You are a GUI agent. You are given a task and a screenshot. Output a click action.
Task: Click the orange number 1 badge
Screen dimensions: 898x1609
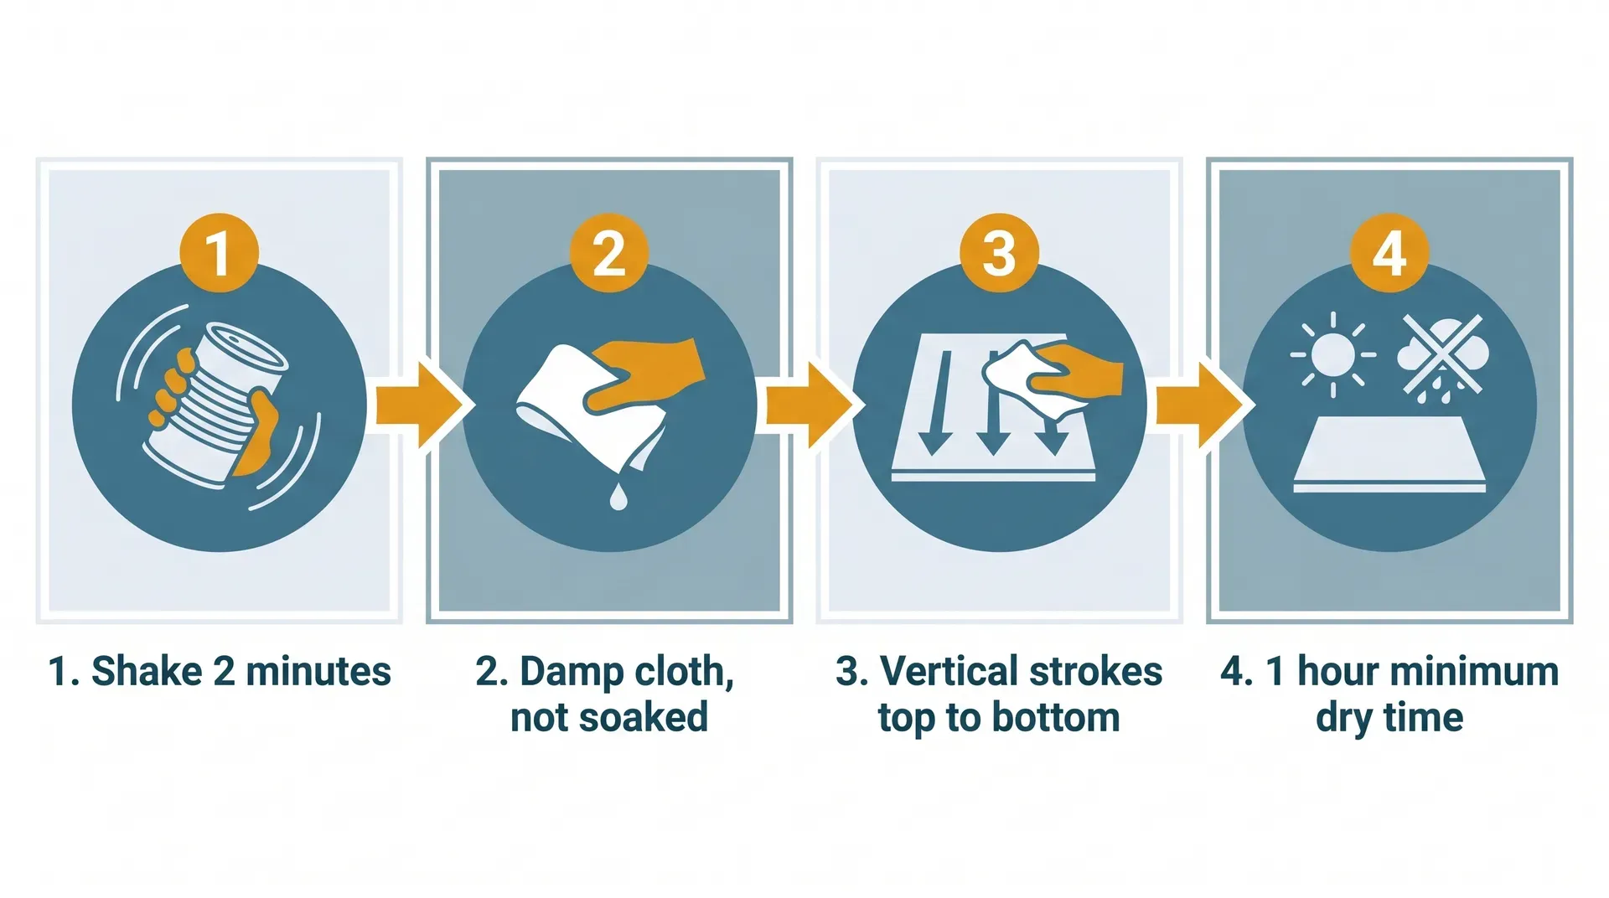[219, 253]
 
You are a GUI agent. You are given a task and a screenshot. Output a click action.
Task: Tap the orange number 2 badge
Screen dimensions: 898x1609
[609, 253]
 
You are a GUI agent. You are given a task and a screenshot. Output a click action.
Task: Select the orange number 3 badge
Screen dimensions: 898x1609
[999, 253]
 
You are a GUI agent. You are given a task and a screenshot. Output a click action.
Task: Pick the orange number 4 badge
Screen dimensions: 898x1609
[1389, 253]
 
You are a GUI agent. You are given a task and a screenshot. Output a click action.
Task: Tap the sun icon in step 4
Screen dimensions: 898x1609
[1332, 354]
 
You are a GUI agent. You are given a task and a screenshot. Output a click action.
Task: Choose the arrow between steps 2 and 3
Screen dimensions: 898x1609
[808, 405]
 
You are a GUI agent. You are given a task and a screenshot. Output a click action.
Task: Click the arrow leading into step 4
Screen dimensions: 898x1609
[1198, 405]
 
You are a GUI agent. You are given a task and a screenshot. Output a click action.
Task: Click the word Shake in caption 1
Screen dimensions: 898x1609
[147, 672]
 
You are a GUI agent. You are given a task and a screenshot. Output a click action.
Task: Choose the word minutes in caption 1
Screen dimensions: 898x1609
[318, 672]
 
